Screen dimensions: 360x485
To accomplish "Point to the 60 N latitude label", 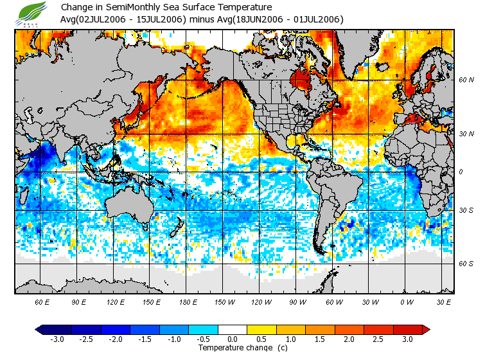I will pyautogui.click(x=466, y=80).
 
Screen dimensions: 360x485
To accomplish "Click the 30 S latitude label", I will pyautogui.click(x=466, y=210).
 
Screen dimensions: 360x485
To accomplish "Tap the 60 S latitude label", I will pyautogui.click(x=466, y=264).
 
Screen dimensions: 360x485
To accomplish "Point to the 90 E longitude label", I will pyautogui.click(x=78, y=301).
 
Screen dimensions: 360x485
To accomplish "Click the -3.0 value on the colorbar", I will pyautogui.click(x=57, y=339).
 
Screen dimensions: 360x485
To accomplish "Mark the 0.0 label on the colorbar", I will pyautogui.click(x=233, y=339).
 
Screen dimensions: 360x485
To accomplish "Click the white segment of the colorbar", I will pyautogui.click(x=233, y=329).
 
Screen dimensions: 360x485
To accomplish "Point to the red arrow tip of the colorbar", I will pyautogui.click(x=427, y=329).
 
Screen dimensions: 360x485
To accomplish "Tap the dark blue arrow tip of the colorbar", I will pyautogui.click(x=39, y=329).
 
